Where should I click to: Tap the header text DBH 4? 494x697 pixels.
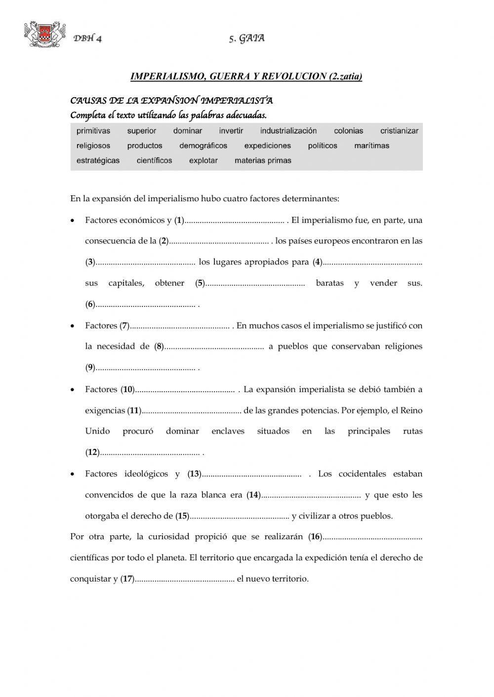[x=87, y=39]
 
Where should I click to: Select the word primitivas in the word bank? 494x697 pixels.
[x=93, y=131]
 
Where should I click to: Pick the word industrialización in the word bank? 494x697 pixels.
[x=288, y=131]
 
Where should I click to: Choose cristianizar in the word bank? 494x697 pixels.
[x=399, y=131]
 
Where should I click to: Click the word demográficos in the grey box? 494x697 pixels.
[x=203, y=146]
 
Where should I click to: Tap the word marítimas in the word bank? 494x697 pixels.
[x=371, y=146]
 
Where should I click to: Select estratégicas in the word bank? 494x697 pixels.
[x=98, y=160]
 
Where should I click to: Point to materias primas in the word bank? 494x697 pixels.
[x=263, y=160]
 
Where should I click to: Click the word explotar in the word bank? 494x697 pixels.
[x=203, y=160]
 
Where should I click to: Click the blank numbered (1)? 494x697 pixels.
[x=235, y=221]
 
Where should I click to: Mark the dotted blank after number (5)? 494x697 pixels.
[x=255, y=284]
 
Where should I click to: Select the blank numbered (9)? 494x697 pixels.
[x=145, y=368]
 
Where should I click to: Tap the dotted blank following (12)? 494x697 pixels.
[x=150, y=453]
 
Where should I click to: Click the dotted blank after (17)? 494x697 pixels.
[x=184, y=580]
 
